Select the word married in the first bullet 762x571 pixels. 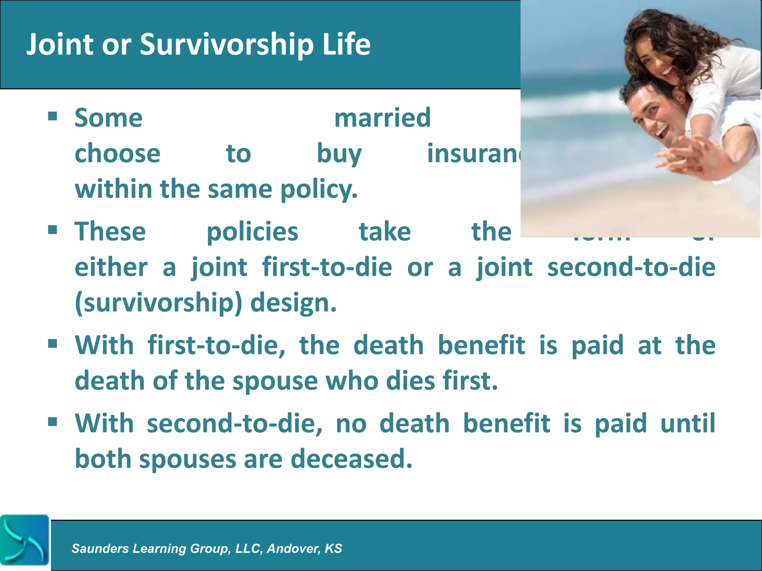click(x=382, y=118)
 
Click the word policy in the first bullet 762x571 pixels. click(x=318, y=190)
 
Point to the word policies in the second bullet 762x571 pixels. click(x=252, y=232)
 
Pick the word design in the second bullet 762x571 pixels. click(x=293, y=303)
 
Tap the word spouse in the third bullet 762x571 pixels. click(x=275, y=381)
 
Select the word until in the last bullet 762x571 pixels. click(x=688, y=423)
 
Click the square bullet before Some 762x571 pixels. click(x=52, y=117)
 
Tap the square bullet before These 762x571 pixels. click(x=52, y=230)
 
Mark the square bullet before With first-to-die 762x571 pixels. click(x=52, y=344)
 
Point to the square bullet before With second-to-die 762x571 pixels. click(x=52, y=422)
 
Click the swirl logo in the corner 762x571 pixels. click(x=25, y=540)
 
